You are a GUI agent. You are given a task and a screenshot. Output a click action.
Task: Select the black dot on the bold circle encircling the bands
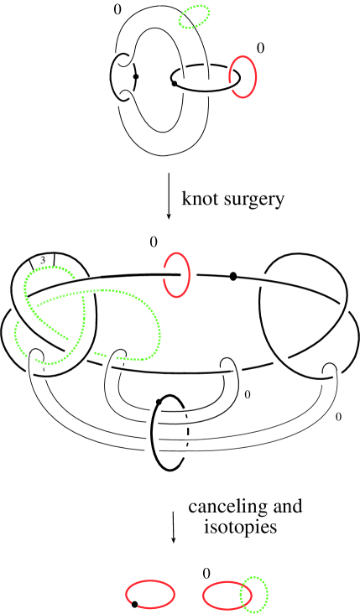tap(159, 402)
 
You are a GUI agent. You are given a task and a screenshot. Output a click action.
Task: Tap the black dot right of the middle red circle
tap(232, 274)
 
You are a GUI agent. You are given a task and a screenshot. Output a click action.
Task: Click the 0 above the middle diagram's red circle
tap(153, 242)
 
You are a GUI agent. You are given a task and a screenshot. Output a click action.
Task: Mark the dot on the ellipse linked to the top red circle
tap(174, 83)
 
